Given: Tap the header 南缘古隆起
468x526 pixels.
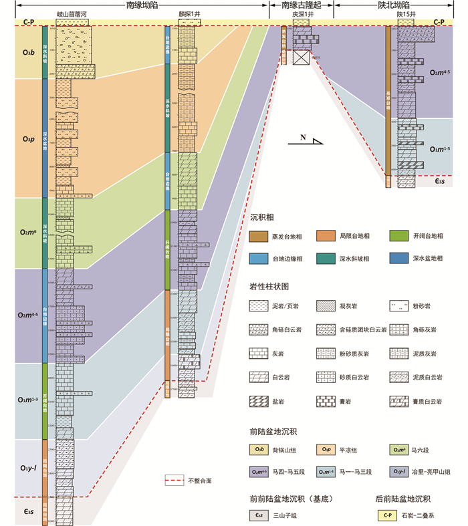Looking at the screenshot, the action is coord(302,5).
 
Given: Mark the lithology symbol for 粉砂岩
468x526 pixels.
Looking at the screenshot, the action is coord(398,307).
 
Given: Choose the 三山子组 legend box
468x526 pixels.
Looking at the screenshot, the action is coord(259,515).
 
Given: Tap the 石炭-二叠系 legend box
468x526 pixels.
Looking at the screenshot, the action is coord(386,515).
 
